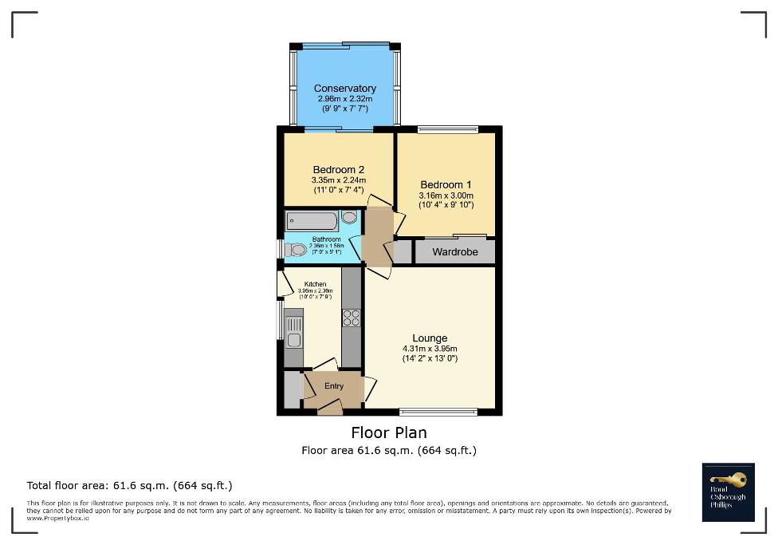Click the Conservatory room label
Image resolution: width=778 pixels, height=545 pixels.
[x=344, y=89]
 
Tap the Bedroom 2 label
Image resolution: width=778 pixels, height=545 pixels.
[x=338, y=170]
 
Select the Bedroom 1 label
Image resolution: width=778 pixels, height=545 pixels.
[x=446, y=185]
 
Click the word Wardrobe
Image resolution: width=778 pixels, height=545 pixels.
[x=455, y=252]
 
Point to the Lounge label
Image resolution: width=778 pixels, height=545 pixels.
[x=430, y=338]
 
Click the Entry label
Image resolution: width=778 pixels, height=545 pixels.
[x=334, y=386]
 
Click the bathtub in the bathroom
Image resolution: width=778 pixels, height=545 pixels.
[x=312, y=220]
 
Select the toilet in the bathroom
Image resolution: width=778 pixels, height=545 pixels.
[x=296, y=250]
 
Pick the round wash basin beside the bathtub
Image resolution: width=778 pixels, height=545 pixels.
[x=349, y=217]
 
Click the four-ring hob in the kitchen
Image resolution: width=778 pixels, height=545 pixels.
[x=351, y=318]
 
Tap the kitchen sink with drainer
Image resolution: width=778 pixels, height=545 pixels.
[x=293, y=333]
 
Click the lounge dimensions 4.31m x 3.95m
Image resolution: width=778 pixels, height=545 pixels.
[x=430, y=349]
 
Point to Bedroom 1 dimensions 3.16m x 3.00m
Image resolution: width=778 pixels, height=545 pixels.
[x=446, y=195]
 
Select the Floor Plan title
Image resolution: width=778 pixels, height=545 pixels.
[x=389, y=432]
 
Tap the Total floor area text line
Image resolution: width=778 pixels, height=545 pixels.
[x=129, y=485]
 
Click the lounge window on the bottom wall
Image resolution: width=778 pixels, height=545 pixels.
[x=438, y=413]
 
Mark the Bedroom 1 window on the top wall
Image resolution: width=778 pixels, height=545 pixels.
[x=448, y=129]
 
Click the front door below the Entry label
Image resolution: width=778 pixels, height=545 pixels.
[x=329, y=409]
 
